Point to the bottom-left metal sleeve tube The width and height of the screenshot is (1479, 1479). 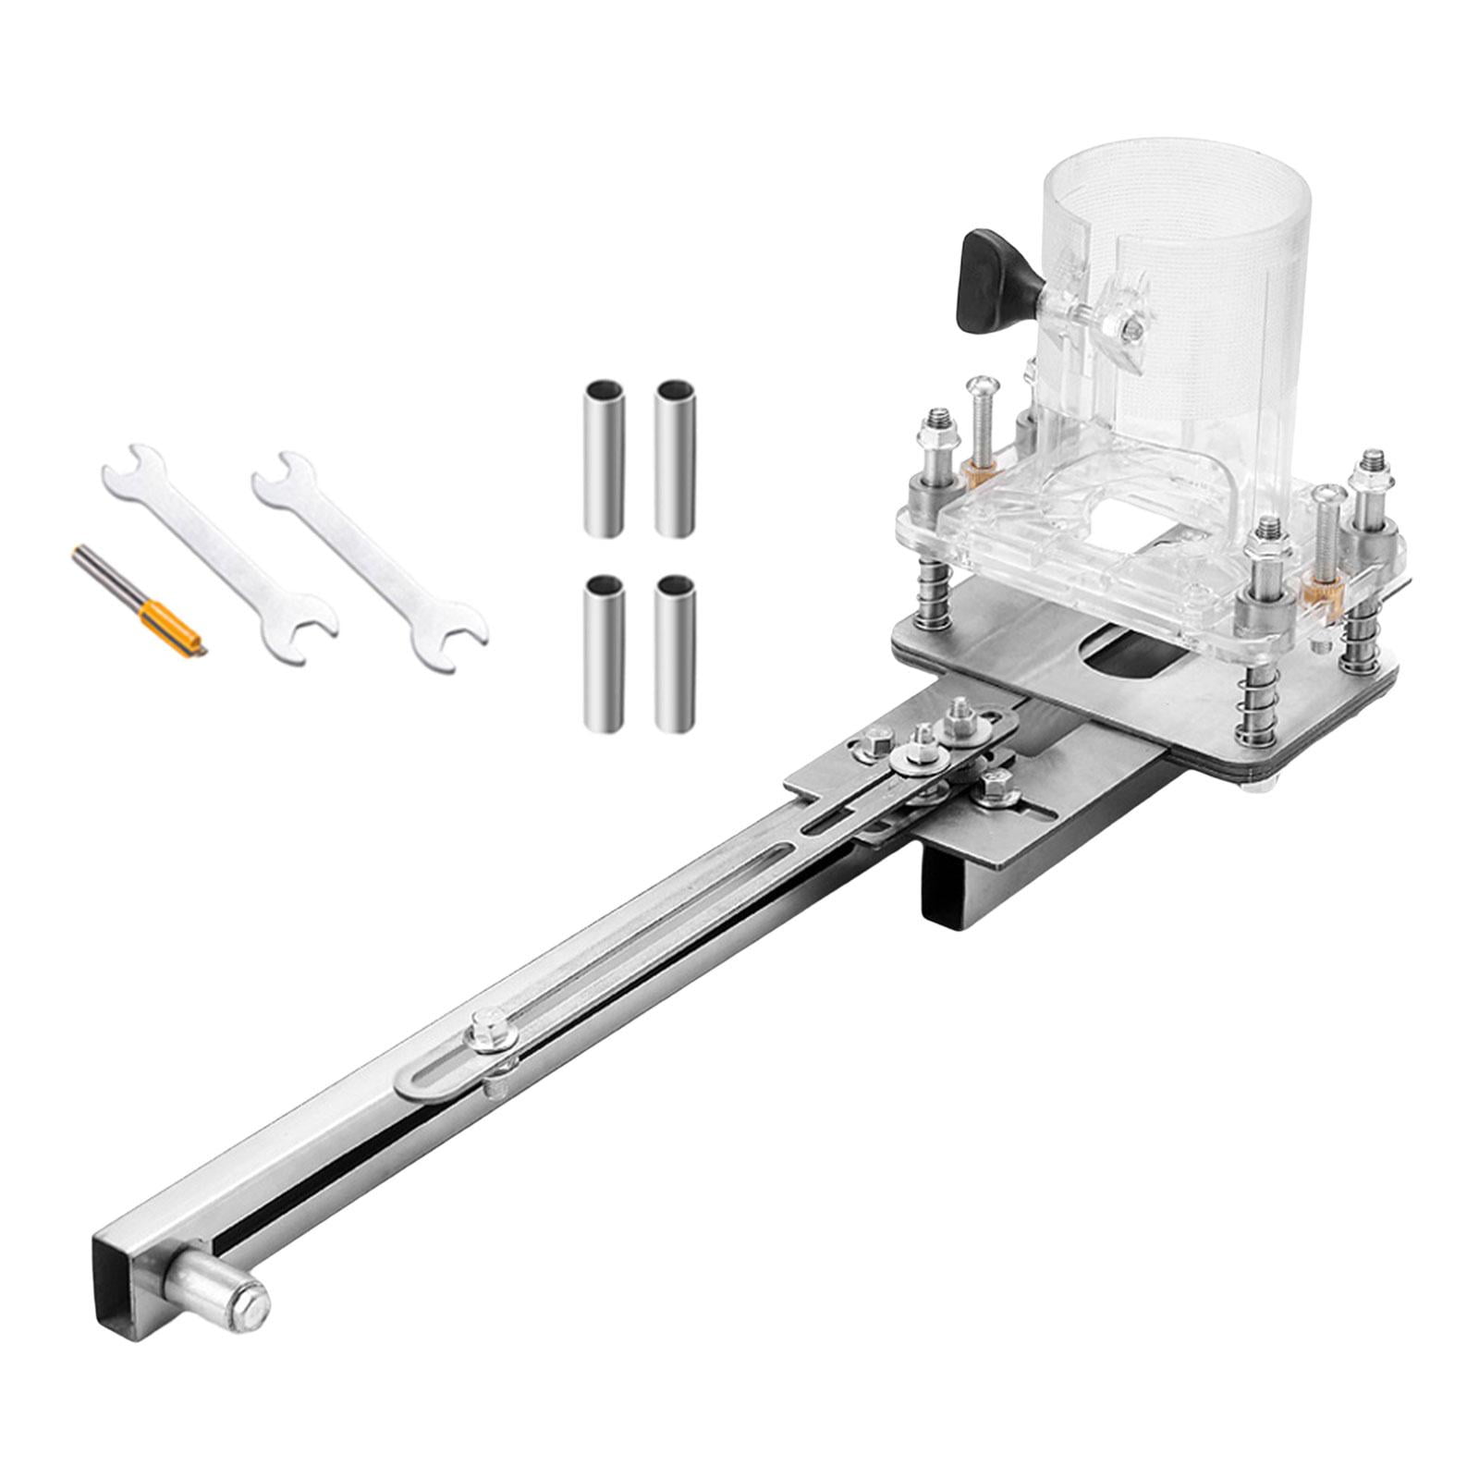point(604,652)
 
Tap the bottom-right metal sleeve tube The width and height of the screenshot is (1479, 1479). point(674,652)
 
